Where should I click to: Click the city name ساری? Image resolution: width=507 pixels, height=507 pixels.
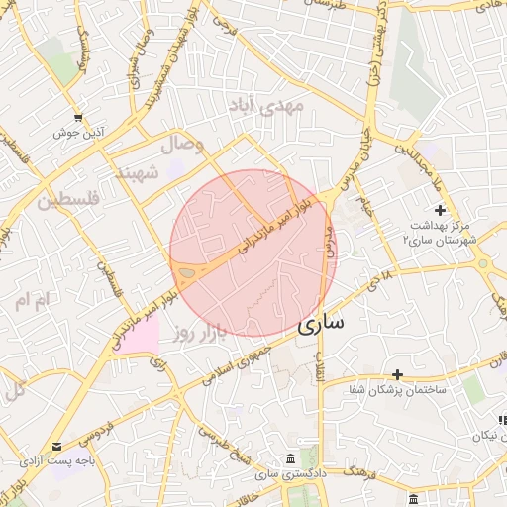322,323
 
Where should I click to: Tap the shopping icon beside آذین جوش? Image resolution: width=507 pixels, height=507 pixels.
78,117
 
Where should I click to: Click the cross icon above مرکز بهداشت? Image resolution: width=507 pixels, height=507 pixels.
441,210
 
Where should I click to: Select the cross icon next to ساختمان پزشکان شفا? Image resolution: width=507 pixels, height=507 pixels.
397,374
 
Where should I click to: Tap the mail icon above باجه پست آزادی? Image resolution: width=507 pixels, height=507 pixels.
56,447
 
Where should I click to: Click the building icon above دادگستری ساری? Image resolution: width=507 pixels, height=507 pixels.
289,460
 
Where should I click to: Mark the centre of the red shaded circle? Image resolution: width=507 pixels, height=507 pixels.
253,253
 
